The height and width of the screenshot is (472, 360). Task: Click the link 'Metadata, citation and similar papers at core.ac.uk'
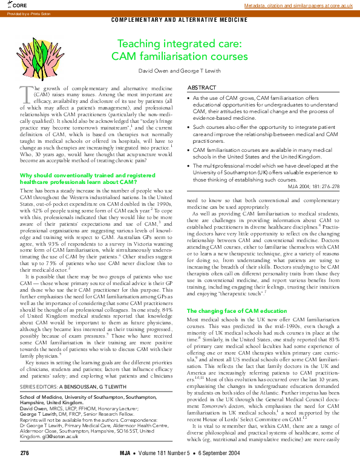coord(298,5)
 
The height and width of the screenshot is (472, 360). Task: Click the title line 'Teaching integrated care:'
coord(179,44)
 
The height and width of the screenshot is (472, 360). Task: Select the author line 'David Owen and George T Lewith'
coord(179,70)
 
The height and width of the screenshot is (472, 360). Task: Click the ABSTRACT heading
coord(202,88)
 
